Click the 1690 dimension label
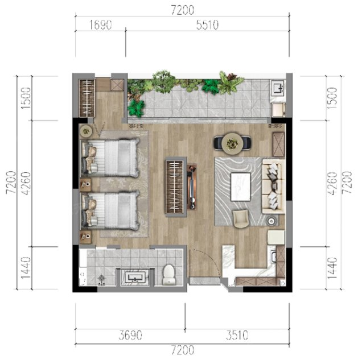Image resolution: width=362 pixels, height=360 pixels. (101, 25)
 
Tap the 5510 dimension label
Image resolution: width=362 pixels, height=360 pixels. (207, 25)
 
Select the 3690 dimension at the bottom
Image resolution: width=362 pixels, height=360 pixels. (130, 335)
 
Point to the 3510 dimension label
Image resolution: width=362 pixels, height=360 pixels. (237, 335)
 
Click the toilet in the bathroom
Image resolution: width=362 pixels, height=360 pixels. (169, 275)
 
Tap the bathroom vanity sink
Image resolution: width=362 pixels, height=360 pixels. (135, 277)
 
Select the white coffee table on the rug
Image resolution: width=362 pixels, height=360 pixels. (241, 187)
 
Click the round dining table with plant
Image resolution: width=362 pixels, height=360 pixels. (232, 143)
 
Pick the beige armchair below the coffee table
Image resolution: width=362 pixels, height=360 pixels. (241, 218)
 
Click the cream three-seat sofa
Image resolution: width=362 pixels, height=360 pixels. (273, 187)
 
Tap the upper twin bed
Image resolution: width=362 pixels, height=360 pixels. (110, 158)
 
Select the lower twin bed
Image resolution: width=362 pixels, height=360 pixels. (110, 210)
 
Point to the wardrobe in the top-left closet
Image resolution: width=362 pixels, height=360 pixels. (87, 98)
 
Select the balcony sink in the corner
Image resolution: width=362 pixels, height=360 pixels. (278, 88)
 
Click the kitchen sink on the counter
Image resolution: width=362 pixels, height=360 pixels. (274, 258)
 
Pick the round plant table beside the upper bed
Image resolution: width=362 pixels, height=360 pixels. (86, 131)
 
